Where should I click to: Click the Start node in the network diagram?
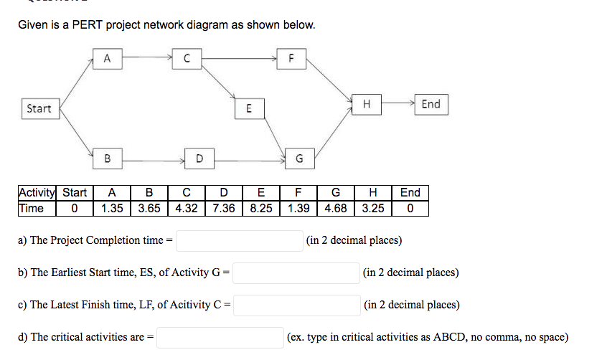click(x=39, y=108)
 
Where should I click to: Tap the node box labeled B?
click(x=107, y=156)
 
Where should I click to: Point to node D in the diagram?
click(x=199, y=156)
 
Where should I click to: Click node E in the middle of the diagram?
click(x=248, y=109)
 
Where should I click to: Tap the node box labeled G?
click(x=298, y=157)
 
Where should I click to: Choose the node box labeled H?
click(x=367, y=104)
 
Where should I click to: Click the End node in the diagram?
click(x=431, y=104)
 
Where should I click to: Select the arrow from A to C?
click(x=147, y=55)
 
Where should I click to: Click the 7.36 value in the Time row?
click(x=224, y=208)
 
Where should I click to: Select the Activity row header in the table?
click(x=36, y=193)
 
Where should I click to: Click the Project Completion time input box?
click(x=240, y=241)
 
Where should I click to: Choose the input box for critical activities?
click(x=220, y=337)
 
